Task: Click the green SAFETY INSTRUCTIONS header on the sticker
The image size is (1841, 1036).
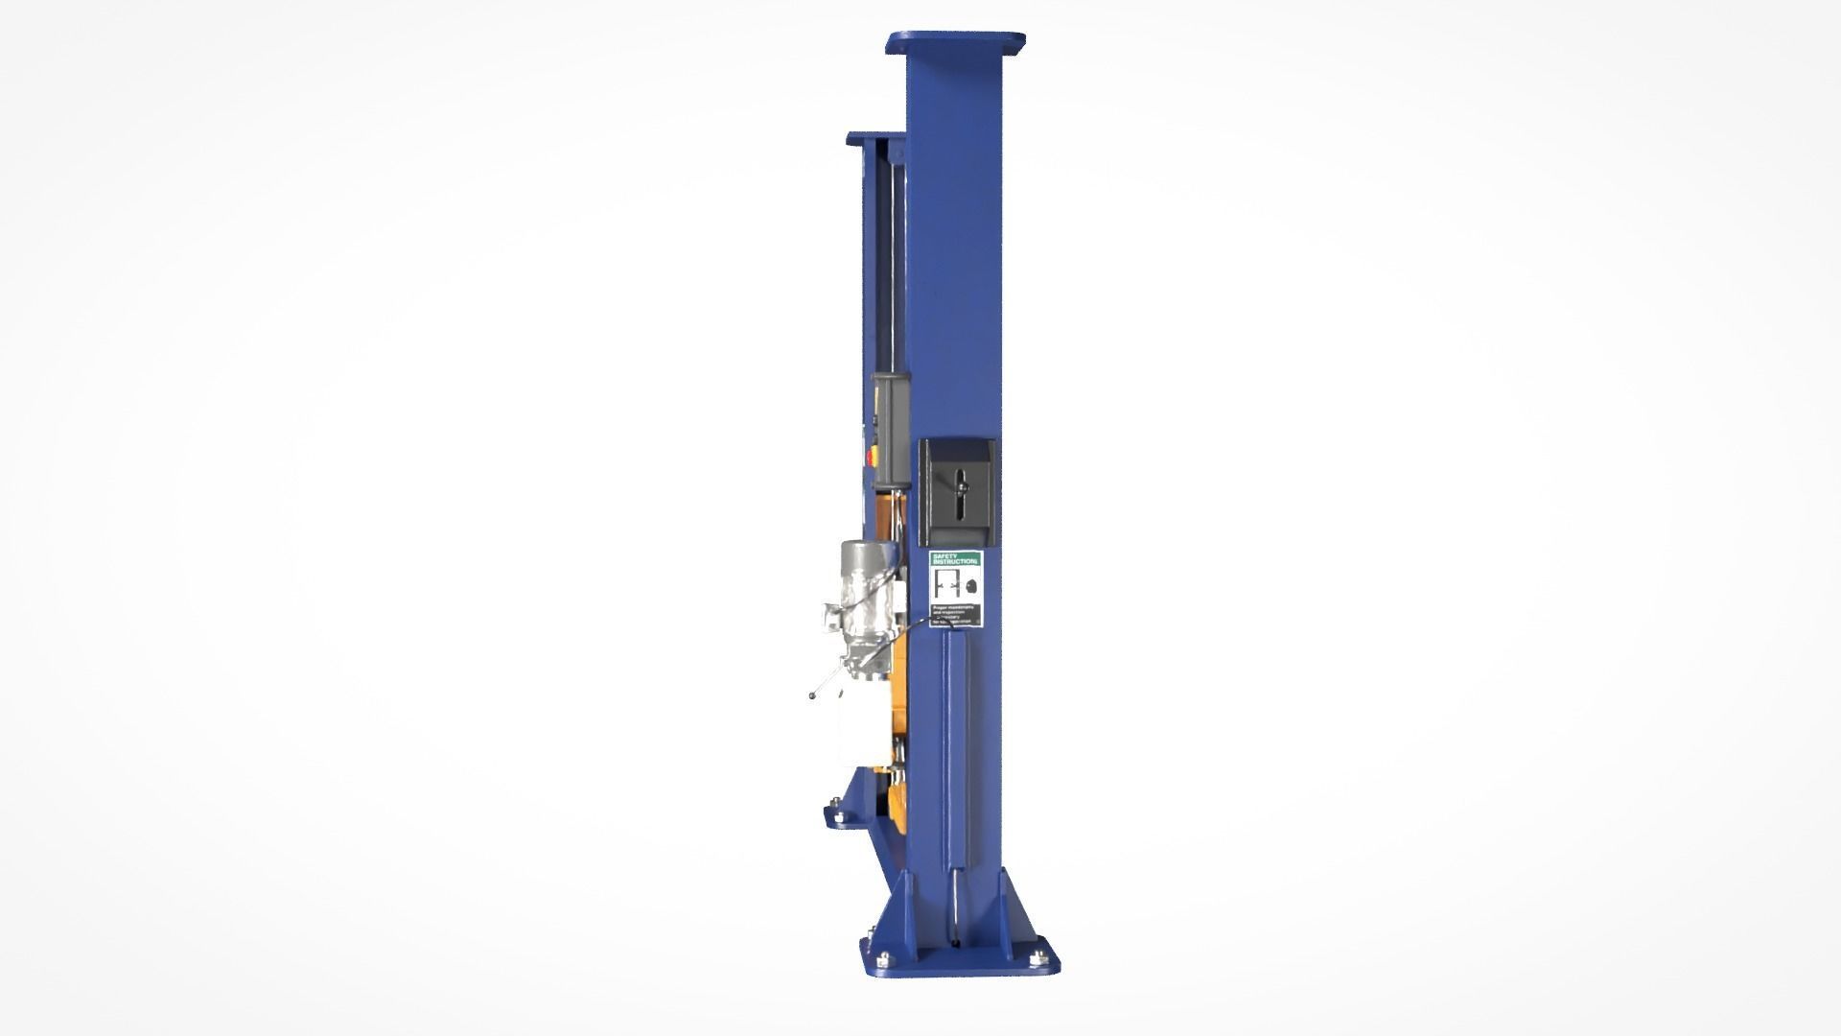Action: click(956, 558)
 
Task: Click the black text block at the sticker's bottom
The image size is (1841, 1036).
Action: click(958, 615)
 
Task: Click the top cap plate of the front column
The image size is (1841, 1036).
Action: click(956, 42)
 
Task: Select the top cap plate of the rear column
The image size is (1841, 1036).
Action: click(874, 139)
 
